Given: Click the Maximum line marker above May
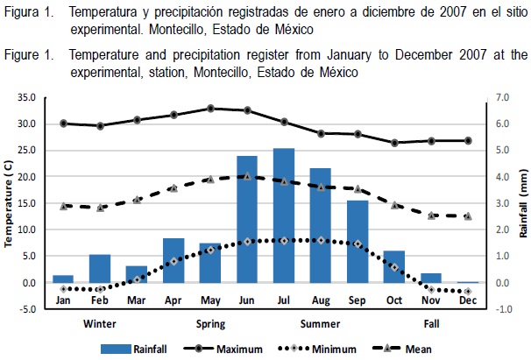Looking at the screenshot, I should (x=210, y=109).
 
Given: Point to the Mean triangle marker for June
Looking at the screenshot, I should (x=247, y=176).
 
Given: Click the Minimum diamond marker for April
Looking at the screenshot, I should (x=173, y=261).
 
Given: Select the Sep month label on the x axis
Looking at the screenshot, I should (x=358, y=300).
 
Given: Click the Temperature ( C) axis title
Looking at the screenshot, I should (x=10, y=202).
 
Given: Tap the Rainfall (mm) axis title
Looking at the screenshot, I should (x=523, y=202).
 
